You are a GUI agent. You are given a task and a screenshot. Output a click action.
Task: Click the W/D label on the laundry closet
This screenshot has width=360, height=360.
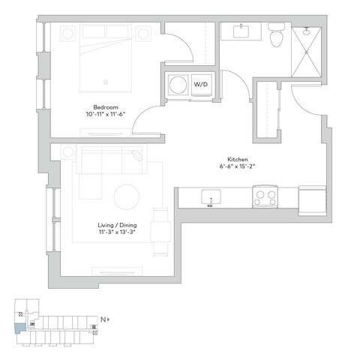[x=202, y=84]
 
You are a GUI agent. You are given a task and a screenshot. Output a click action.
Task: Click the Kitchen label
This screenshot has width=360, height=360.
[x=238, y=160]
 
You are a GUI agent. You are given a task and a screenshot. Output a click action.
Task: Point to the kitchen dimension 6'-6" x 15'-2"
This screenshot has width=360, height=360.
[x=238, y=168]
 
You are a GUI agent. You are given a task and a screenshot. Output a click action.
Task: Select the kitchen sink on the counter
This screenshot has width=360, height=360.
[x=209, y=196]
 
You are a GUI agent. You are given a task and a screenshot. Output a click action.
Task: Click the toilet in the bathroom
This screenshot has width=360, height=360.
[x=274, y=33]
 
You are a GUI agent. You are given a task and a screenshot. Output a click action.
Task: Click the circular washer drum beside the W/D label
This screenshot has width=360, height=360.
[x=178, y=85]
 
